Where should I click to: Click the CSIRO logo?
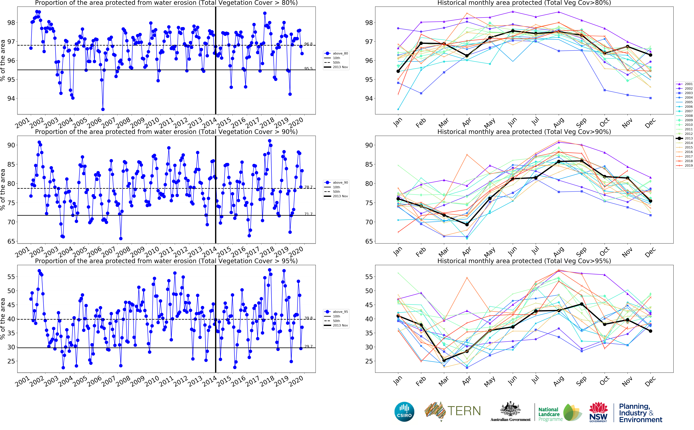point(404,412)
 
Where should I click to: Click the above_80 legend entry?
point(336,53)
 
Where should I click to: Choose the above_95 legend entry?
point(336,312)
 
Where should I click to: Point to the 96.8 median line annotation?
point(308,44)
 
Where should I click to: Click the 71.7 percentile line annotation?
point(308,214)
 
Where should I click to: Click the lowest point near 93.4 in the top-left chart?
point(103,109)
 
